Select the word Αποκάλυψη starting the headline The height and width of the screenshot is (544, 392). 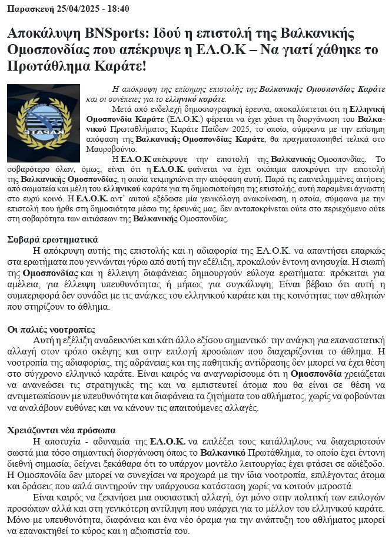coord(41,34)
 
